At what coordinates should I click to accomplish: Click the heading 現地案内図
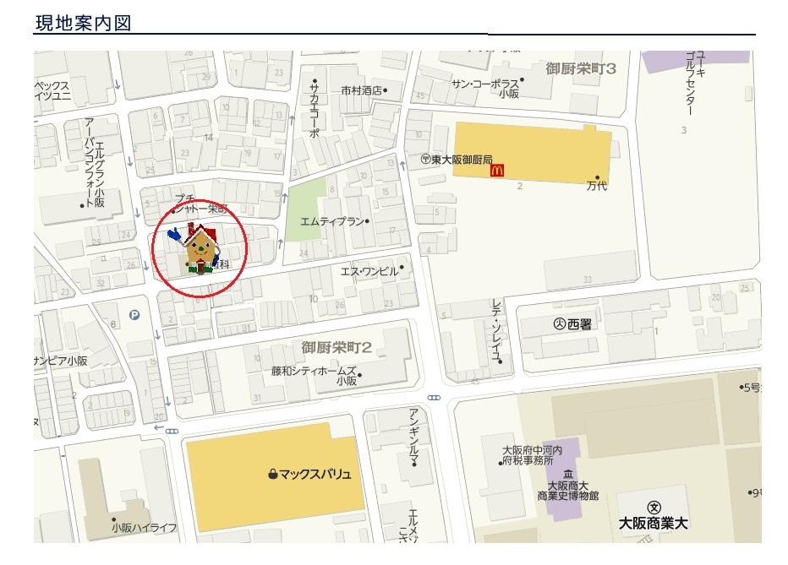(82, 23)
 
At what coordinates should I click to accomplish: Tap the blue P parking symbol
(134, 315)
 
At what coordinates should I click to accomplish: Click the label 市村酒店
(362, 90)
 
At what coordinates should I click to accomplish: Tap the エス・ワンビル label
(369, 271)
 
